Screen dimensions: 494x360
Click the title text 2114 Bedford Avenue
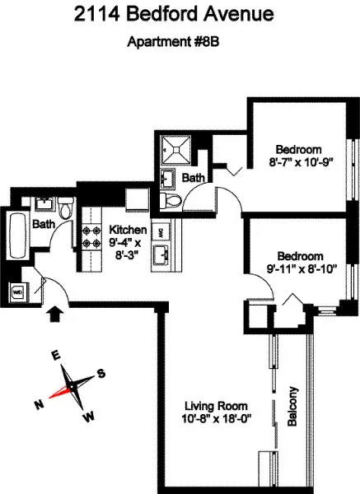tap(180, 15)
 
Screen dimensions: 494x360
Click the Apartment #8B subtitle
tap(180, 43)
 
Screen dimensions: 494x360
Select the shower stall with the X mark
tap(175, 148)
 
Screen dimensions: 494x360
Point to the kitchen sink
tap(161, 254)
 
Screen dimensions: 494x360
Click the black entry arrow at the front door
tap(56, 314)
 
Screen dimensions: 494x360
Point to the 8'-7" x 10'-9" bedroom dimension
tap(297, 162)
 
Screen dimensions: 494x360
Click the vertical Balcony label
tap(292, 406)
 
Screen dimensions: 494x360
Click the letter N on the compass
tap(38, 404)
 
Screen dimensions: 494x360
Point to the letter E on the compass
tap(56, 355)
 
